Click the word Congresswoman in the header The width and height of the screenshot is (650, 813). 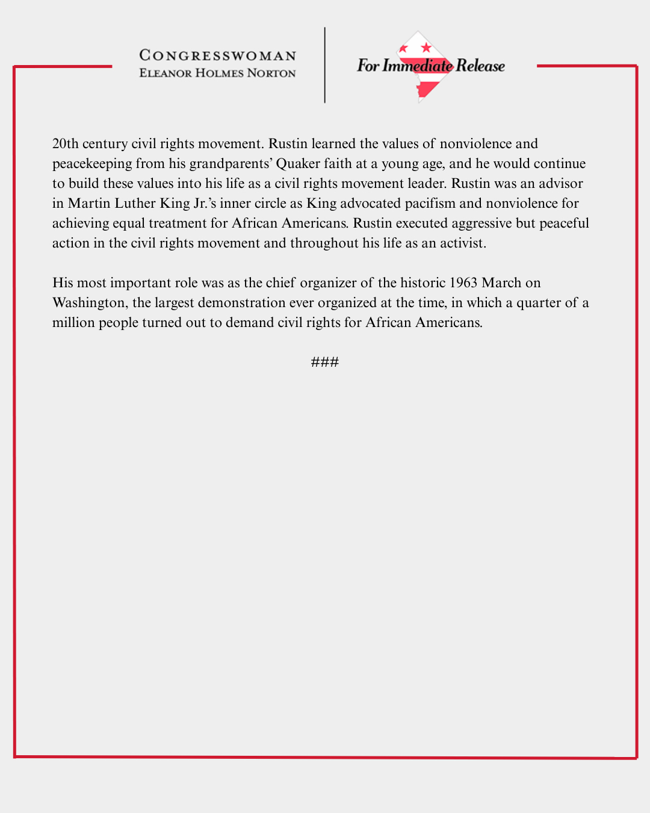click(218, 56)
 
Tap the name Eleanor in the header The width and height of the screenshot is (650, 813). click(166, 73)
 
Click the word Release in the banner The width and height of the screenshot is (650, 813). click(480, 66)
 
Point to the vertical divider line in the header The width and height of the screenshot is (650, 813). click(325, 65)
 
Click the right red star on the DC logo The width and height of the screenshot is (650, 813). click(426, 48)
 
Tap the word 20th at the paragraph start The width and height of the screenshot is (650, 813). click(66, 144)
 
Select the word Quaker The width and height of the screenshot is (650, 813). click(298, 164)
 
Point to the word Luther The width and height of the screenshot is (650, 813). click(135, 204)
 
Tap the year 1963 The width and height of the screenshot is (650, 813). click(463, 283)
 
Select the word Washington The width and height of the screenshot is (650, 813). click(88, 303)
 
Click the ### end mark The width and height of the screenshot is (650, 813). click(325, 362)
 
